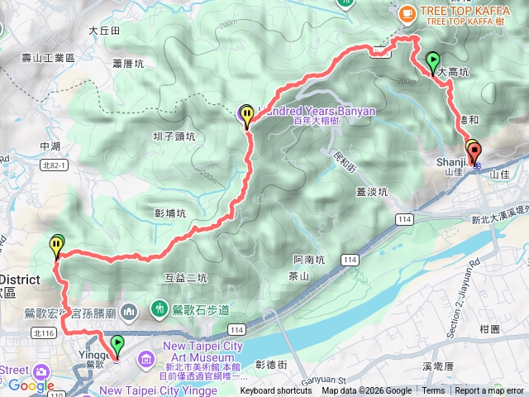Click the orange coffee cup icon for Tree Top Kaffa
click(x=407, y=13)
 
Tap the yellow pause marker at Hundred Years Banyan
click(x=247, y=115)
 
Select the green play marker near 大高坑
click(x=432, y=60)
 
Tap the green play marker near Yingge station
click(x=117, y=343)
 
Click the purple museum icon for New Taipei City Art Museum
click(x=146, y=359)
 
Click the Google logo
click(x=31, y=385)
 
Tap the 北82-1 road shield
click(x=50, y=165)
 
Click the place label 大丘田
click(x=104, y=31)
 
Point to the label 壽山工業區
click(x=48, y=58)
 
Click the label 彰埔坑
click(x=171, y=213)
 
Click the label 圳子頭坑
click(x=174, y=136)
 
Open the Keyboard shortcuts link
click(x=276, y=391)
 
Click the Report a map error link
click(x=488, y=391)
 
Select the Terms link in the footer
click(x=433, y=391)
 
